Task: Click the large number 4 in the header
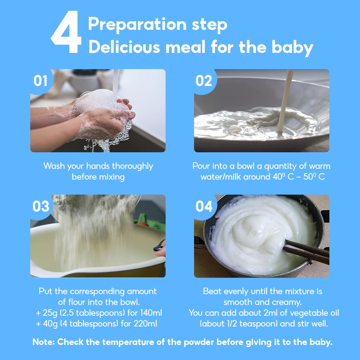[x=66, y=32]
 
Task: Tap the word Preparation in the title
[x=137, y=24]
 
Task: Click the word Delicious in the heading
[x=124, y=47]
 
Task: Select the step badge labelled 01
[x=41, y=81]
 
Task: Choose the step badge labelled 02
[x=204, y=81]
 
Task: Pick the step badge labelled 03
[x=41, y=206]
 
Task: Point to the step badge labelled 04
[x=204, y=206]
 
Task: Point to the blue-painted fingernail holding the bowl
[x=158, y=248]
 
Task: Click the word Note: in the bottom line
[x=44, y=342]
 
